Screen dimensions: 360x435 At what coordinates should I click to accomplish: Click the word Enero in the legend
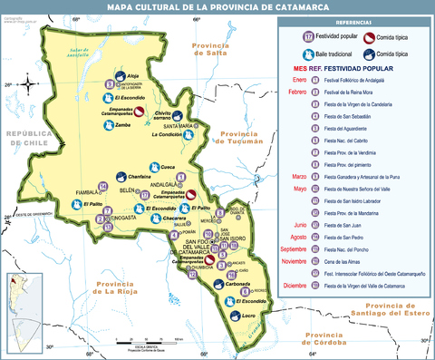[298, 80]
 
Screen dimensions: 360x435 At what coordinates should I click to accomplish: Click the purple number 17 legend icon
[309, 36]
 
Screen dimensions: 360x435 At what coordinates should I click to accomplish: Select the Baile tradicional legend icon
[309, 54]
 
